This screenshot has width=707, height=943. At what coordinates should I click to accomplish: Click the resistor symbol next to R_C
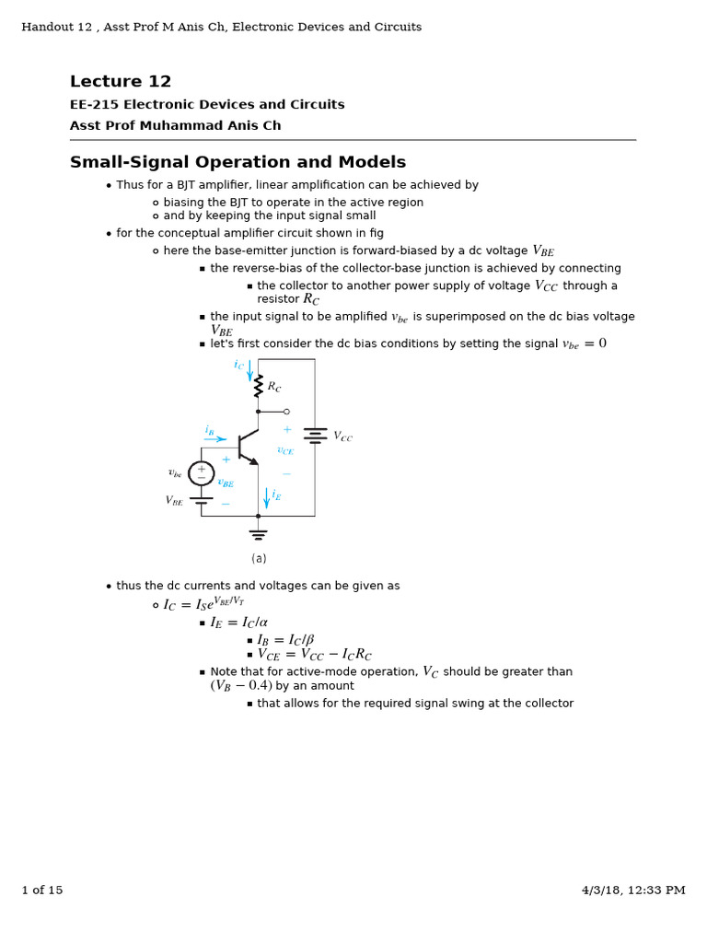point(259,387)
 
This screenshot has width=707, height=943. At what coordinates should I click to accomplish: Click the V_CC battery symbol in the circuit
point(315,436)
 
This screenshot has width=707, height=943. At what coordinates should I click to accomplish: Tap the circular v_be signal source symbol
point(202,473)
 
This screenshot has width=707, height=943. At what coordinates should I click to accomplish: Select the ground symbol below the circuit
point(259,533)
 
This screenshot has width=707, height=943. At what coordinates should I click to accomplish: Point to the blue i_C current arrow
point(249,371)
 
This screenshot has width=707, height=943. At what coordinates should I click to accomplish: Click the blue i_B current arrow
point(214,439)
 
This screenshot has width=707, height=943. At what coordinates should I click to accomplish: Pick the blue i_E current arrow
point(267,498)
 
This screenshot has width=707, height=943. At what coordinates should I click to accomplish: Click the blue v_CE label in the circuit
point(285,450)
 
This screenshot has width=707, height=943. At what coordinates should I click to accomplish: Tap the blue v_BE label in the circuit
point(226,483)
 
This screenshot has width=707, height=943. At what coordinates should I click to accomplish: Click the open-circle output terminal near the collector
point(286,412)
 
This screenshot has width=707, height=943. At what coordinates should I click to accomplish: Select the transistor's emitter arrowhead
point(253,460)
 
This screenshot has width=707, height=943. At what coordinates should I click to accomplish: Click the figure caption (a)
point(259,559)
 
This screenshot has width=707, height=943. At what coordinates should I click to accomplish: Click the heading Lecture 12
point(121,82)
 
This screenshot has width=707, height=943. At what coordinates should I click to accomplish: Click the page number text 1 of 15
point(42,891)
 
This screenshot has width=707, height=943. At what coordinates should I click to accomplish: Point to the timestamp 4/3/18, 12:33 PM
point(633,891)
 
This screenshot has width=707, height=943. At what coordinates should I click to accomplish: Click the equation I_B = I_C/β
point(285,640)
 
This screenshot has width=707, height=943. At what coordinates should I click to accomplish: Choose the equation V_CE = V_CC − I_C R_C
point(315,655)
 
